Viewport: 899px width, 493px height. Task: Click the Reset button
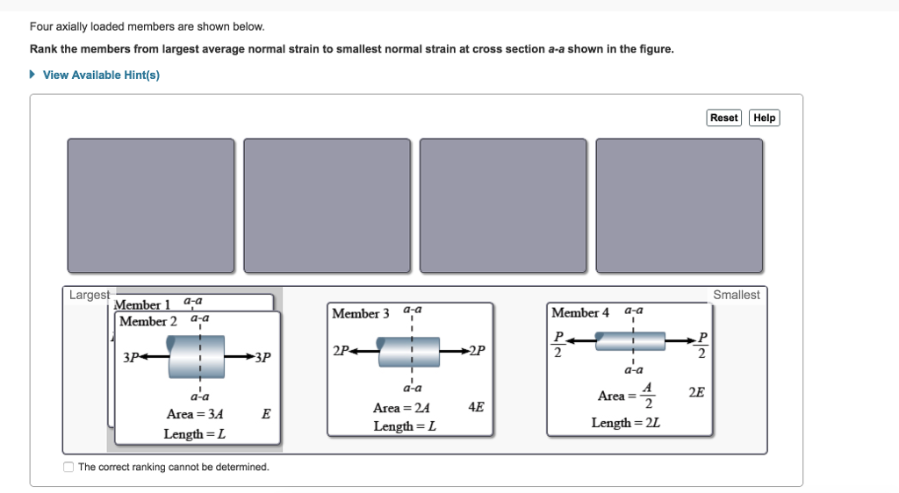point(723,118)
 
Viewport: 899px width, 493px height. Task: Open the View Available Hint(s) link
point(101,75)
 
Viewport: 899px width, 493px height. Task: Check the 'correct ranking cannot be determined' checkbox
point(69,467)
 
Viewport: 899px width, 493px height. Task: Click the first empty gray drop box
point(151,205)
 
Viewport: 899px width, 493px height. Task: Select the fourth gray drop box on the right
point(679,205)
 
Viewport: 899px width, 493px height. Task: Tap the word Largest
point(90,296)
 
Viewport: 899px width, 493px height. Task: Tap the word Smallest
point(736,296)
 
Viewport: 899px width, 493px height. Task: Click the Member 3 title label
point(361,313)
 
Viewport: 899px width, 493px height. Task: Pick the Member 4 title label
point(579,312)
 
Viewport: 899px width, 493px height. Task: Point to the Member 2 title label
point(148,321)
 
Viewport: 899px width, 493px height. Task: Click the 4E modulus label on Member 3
point(476,407)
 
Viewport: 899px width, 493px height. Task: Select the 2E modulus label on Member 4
point(695,392)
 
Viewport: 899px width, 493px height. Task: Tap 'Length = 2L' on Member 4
point(625,423)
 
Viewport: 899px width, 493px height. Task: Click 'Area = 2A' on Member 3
point(401,408)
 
